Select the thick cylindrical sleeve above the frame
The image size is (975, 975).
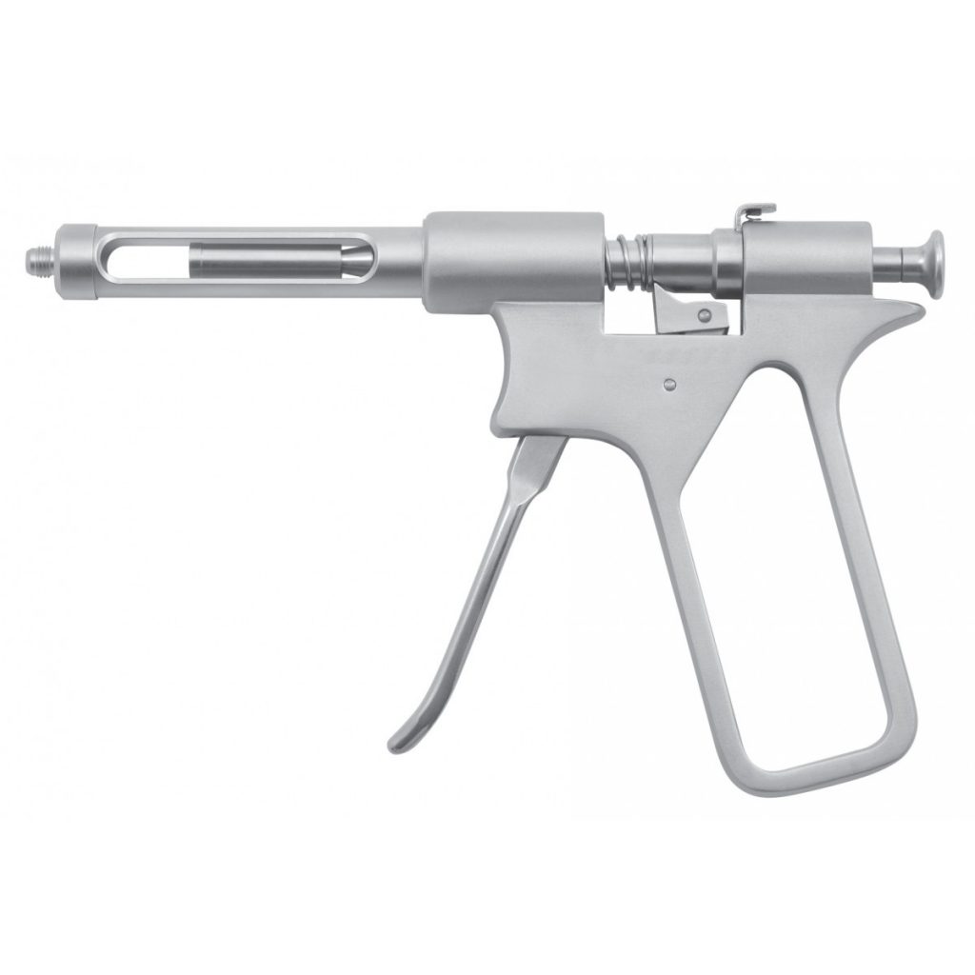[513, 251]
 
